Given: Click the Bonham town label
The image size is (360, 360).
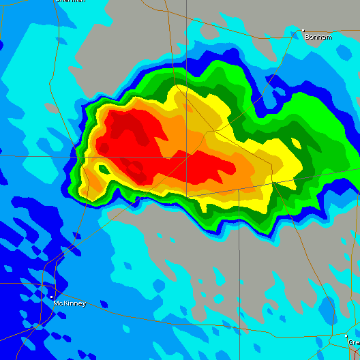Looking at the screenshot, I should pyautogui.click(x=319, y=37).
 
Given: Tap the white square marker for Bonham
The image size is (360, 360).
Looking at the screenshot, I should pyautogui.click(x=303, y=31).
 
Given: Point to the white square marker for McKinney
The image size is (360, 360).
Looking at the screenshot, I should pyautogui.click(x=51, y=297).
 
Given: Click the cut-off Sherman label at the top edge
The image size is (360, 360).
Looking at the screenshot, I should pyautogui.click(x=71, y=1).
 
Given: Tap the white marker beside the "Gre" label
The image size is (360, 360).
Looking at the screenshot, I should pyautogui.click(x=346, y=335).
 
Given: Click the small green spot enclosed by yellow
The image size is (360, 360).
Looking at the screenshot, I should pyautogui.click(x=103, y=168).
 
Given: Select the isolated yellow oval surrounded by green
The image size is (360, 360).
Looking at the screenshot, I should pyautogui.click(x=295, y=143).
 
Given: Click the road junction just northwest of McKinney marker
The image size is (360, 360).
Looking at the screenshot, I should pyautogui.click(x=43, y=284).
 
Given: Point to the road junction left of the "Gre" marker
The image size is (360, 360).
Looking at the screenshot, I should pyautogui.click(x=330, y=336).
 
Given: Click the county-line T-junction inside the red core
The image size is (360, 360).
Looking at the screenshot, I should pyautogui.click(x=187, y=157).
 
